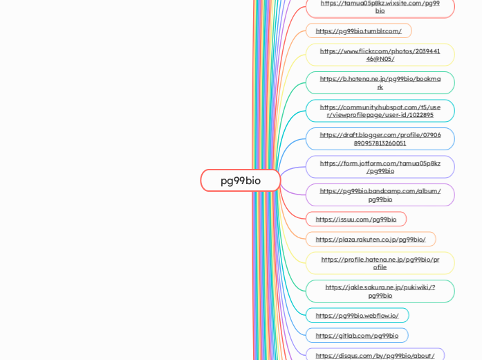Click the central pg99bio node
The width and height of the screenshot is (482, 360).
(241, 181)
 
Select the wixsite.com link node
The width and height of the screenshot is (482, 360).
(380, 7)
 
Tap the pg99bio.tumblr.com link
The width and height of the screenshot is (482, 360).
(358, 31)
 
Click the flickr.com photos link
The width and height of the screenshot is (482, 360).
(380, 55)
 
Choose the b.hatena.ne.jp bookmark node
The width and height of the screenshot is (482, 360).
(380, 83)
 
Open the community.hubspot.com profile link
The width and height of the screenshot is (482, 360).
(380, 111)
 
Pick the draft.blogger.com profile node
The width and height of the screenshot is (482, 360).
(380, 139)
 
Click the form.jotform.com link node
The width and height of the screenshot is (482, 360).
(380, 167)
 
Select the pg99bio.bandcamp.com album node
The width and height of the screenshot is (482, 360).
(380, 195)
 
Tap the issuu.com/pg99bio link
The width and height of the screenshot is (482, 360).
(355, 219)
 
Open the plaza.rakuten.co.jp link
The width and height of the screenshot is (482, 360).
(371, 240)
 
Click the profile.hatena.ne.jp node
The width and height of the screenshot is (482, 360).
(380, 263)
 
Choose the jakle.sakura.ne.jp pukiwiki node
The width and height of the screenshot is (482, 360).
(380, 291)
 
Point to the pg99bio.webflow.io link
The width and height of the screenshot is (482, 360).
(357, 316)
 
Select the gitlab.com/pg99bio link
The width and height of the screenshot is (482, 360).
(357, 336)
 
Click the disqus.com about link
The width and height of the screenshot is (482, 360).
(375, 356)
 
